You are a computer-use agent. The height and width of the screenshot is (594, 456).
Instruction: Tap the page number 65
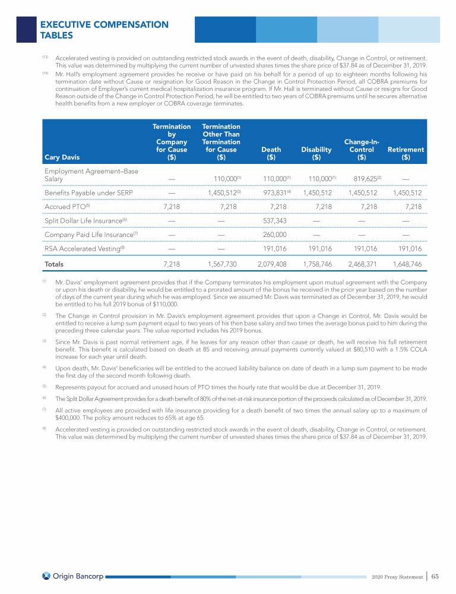pos(435,576)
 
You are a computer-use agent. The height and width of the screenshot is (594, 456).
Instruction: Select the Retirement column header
pos(406,154)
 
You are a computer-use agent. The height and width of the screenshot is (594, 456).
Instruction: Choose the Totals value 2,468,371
pos(362,263)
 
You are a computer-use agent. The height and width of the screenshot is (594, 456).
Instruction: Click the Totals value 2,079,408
pos(273,263)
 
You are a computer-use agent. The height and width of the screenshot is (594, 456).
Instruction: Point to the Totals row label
pos(55,263)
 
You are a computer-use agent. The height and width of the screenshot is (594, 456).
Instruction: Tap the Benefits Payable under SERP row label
pos(88,192)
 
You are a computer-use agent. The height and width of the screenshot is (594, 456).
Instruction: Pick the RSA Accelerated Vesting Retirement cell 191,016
pos(407,249)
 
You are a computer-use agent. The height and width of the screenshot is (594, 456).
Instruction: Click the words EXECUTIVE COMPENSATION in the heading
pos(104,24)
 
